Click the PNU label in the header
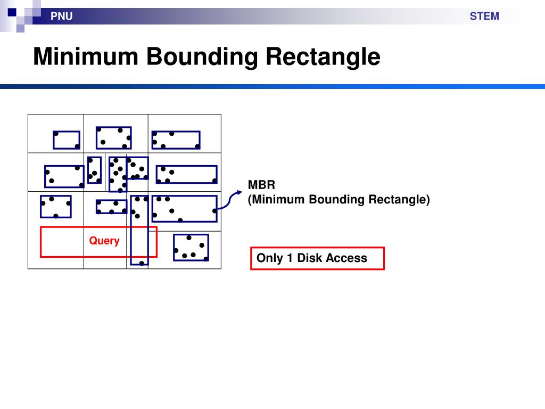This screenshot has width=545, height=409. click(x=62, y=17)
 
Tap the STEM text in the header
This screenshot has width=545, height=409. click(x=484, y=17)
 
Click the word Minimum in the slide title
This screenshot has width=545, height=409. click(x=86, y=56)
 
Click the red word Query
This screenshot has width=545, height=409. click(x=104, y=241)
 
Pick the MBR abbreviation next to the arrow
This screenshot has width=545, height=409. click(x=261, y=185)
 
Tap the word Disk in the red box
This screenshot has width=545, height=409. click(x=309, y=258)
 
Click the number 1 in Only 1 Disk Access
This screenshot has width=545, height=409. click(x=290, y=258)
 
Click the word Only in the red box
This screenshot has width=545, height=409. click(x=270, y=258)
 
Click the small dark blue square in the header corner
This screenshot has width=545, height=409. click(x=12, y=13)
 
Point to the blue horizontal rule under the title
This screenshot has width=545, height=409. click(x=272, y=86)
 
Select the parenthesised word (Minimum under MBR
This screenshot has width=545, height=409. click(x=276, y=199)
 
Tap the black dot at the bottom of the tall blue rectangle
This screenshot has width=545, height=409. click(x=142, y=263)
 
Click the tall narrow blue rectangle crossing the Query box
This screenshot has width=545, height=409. click(x=139, y=230)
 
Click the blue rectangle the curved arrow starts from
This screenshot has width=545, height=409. click(x=185, y=209)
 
